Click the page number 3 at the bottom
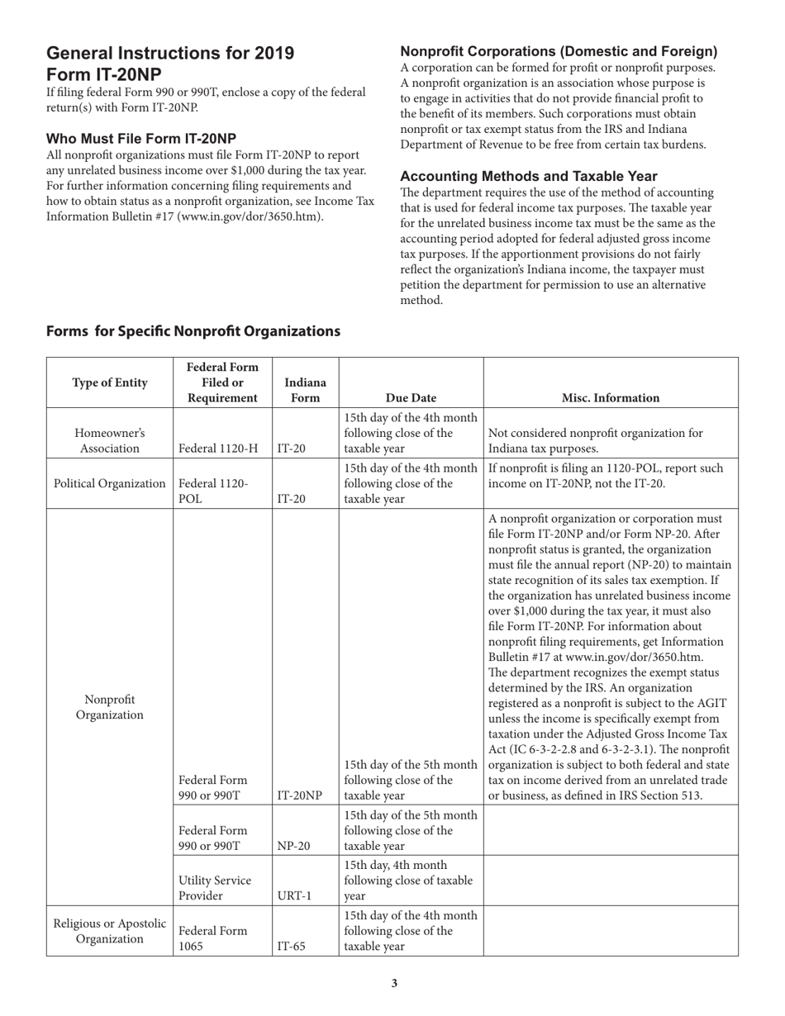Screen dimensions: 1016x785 pyautogui.click(x=394, y=983)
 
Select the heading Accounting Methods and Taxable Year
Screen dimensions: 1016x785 pyautogui.click(x=529, y=176)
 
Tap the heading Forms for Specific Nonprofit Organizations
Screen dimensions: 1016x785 pyautogui.click(x=193, y=331)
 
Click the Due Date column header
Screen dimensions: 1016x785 pyautogui.click(x=411, y=397)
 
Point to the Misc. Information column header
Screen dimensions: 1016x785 pyautogui.click(x=610, y=397)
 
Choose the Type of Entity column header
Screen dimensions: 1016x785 pyautogui.click(x=110, y=382)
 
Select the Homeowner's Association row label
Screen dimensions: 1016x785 pyautogui.click(x=110, y=440)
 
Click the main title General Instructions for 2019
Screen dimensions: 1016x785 pyautogui.click(x=170, y=54)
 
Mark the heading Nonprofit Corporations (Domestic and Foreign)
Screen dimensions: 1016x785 pyautogui.click(x=559, y=51)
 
